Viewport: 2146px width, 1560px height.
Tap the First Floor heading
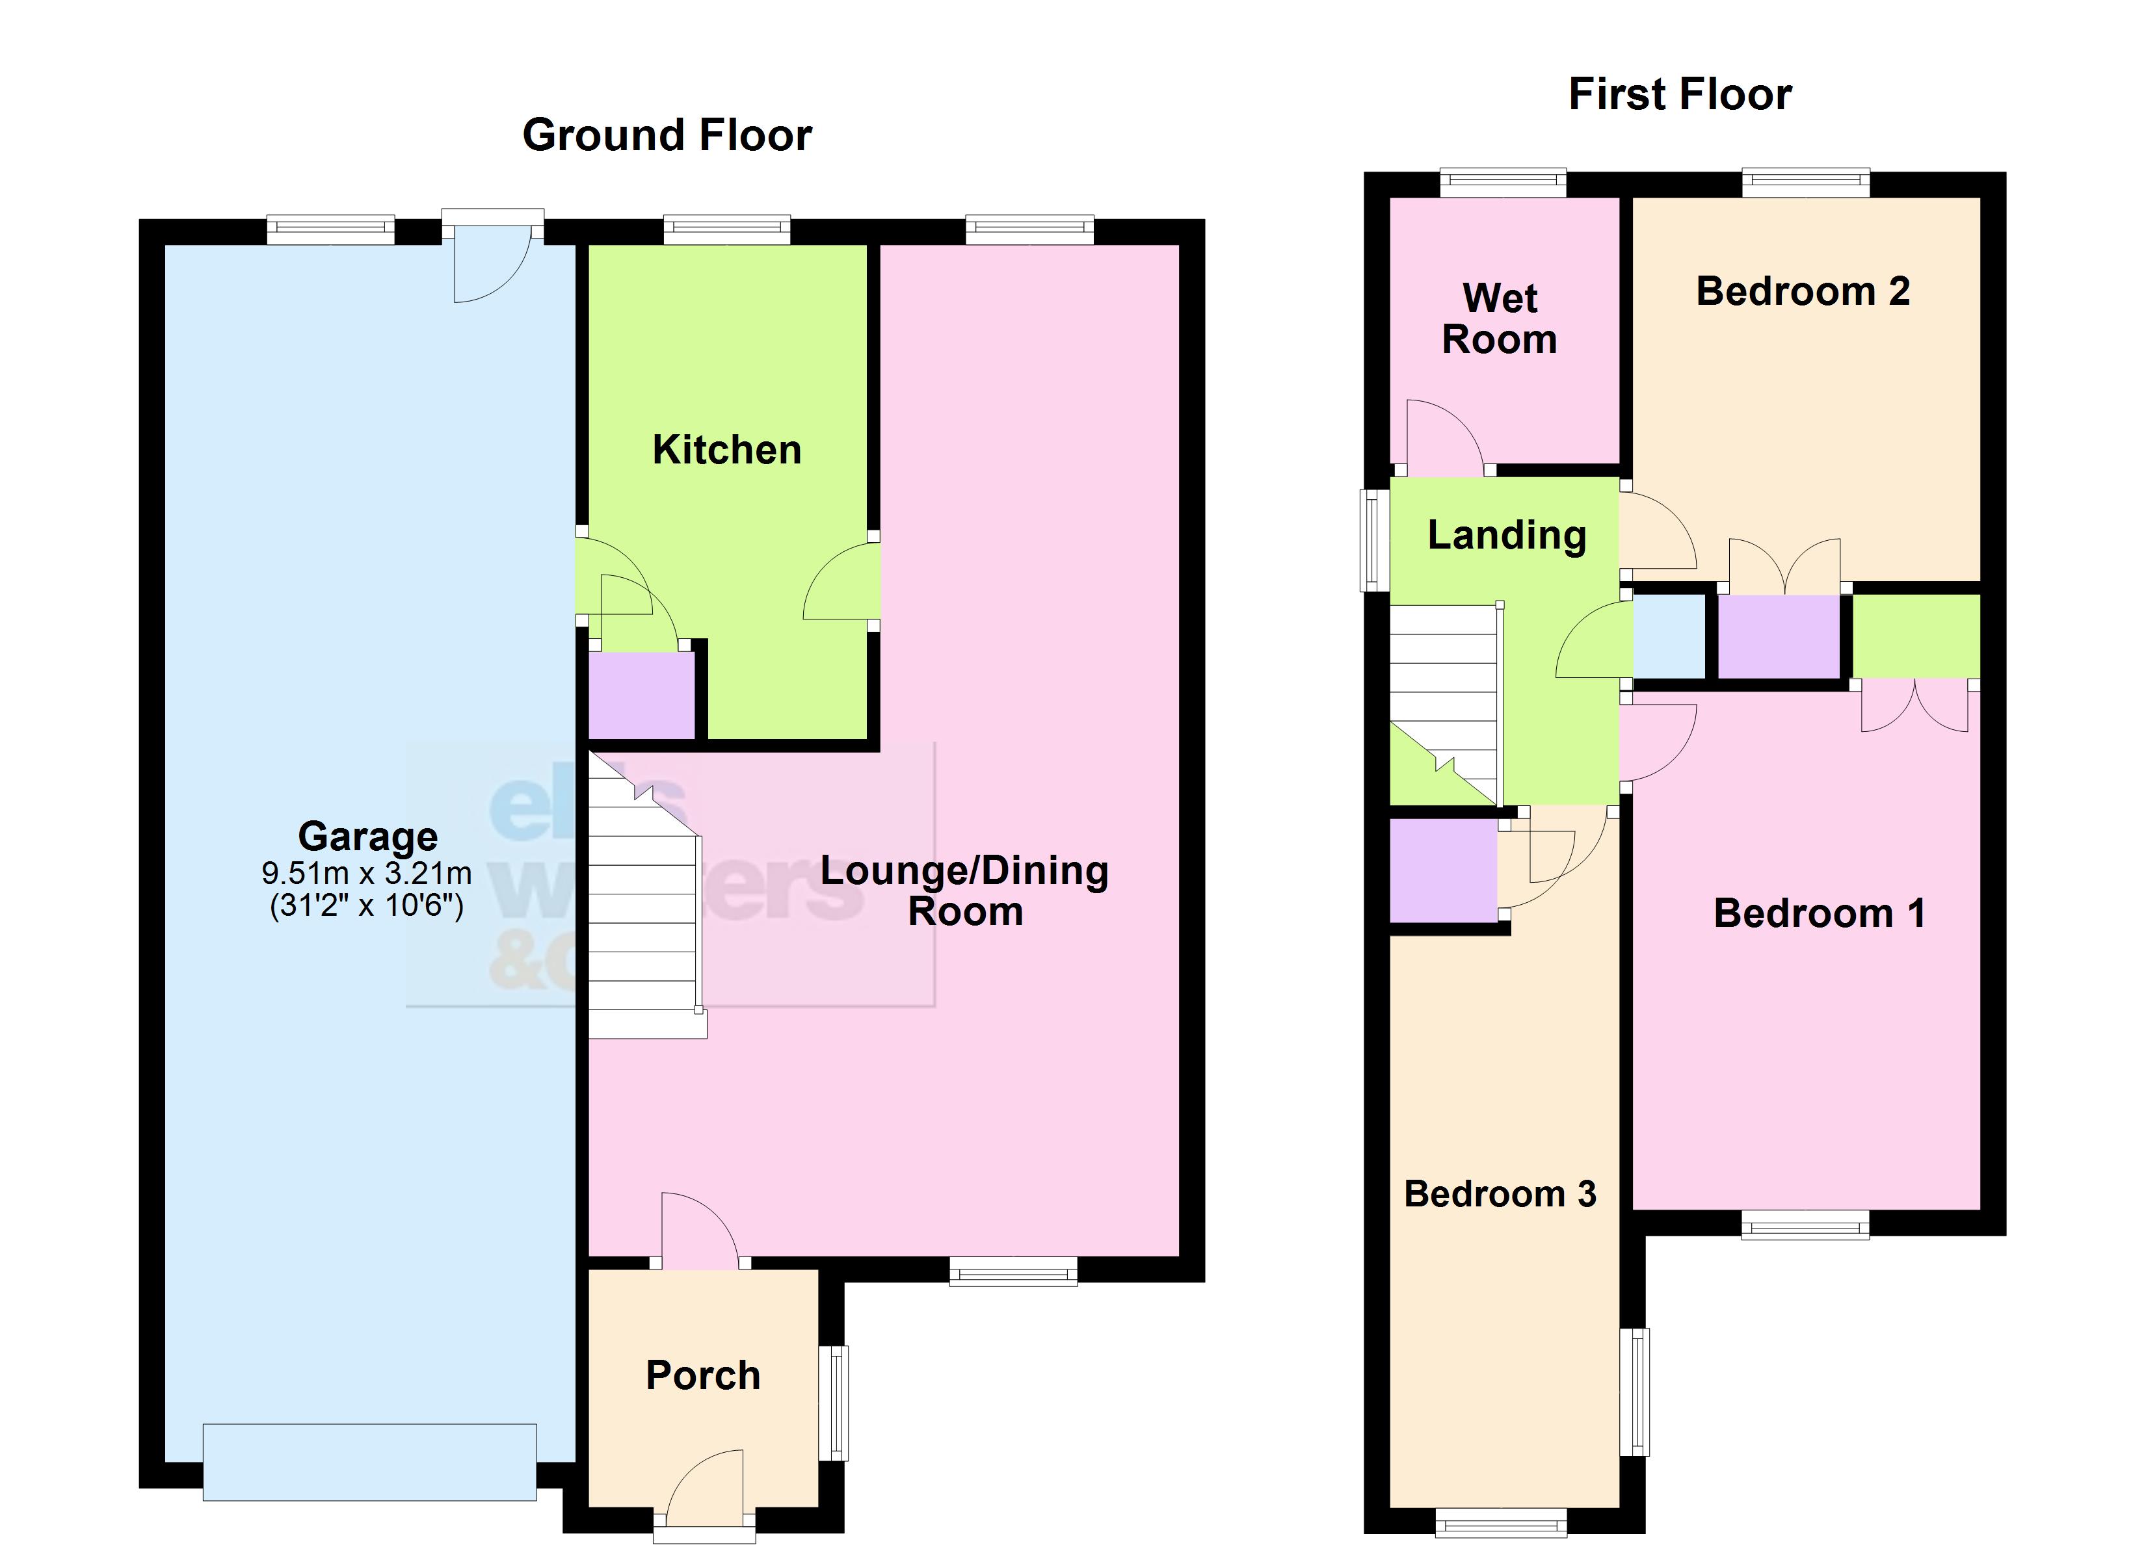click(1680, 95)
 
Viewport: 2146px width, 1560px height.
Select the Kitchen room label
click(726, 450)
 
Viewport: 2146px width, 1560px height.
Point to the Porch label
click(703, 1375)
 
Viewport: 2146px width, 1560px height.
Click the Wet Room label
click(1500, 318)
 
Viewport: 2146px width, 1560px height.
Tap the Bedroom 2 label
click(1803, 291)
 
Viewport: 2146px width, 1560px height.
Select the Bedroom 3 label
click(1500, 1194)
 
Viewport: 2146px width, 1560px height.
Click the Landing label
click(1506, 536)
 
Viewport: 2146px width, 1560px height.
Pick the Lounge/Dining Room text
click(964, 891)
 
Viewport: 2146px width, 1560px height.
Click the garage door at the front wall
click(369, 1462)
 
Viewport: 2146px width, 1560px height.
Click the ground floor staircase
click(643, 908)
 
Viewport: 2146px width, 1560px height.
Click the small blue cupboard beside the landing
click(1669, 636)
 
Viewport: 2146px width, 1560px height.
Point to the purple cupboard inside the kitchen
click(642, 695)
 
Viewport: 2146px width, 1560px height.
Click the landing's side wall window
click(1374, 539)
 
